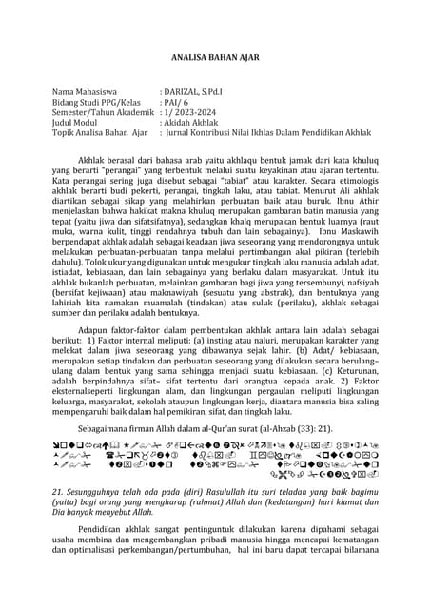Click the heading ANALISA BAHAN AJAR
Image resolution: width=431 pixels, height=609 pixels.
tap(215, 57)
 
